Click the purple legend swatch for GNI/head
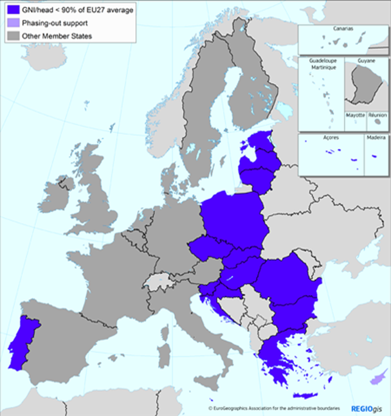click(x=11, y=11)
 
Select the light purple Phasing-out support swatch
click(x=11, y=23)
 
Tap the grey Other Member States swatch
click(x=11, y=35)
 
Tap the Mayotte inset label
click(x=355, y=115)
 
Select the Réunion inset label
click(x=377, y=115)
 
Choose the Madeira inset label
click(x=376, y=138)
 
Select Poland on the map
click(x=232, y=219)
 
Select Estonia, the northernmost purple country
click(x=257, y=143)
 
